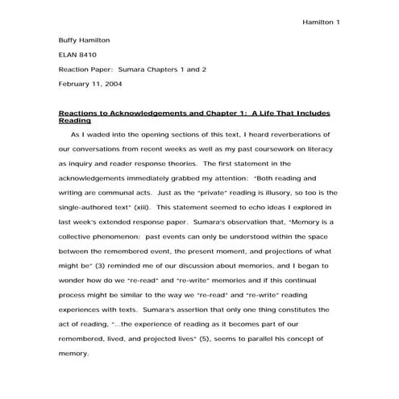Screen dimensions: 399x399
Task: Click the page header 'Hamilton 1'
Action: (x=321, y=22)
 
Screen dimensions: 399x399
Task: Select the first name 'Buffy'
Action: (x=71, y=39)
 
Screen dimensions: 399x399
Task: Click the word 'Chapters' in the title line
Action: (x=158, y=69)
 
